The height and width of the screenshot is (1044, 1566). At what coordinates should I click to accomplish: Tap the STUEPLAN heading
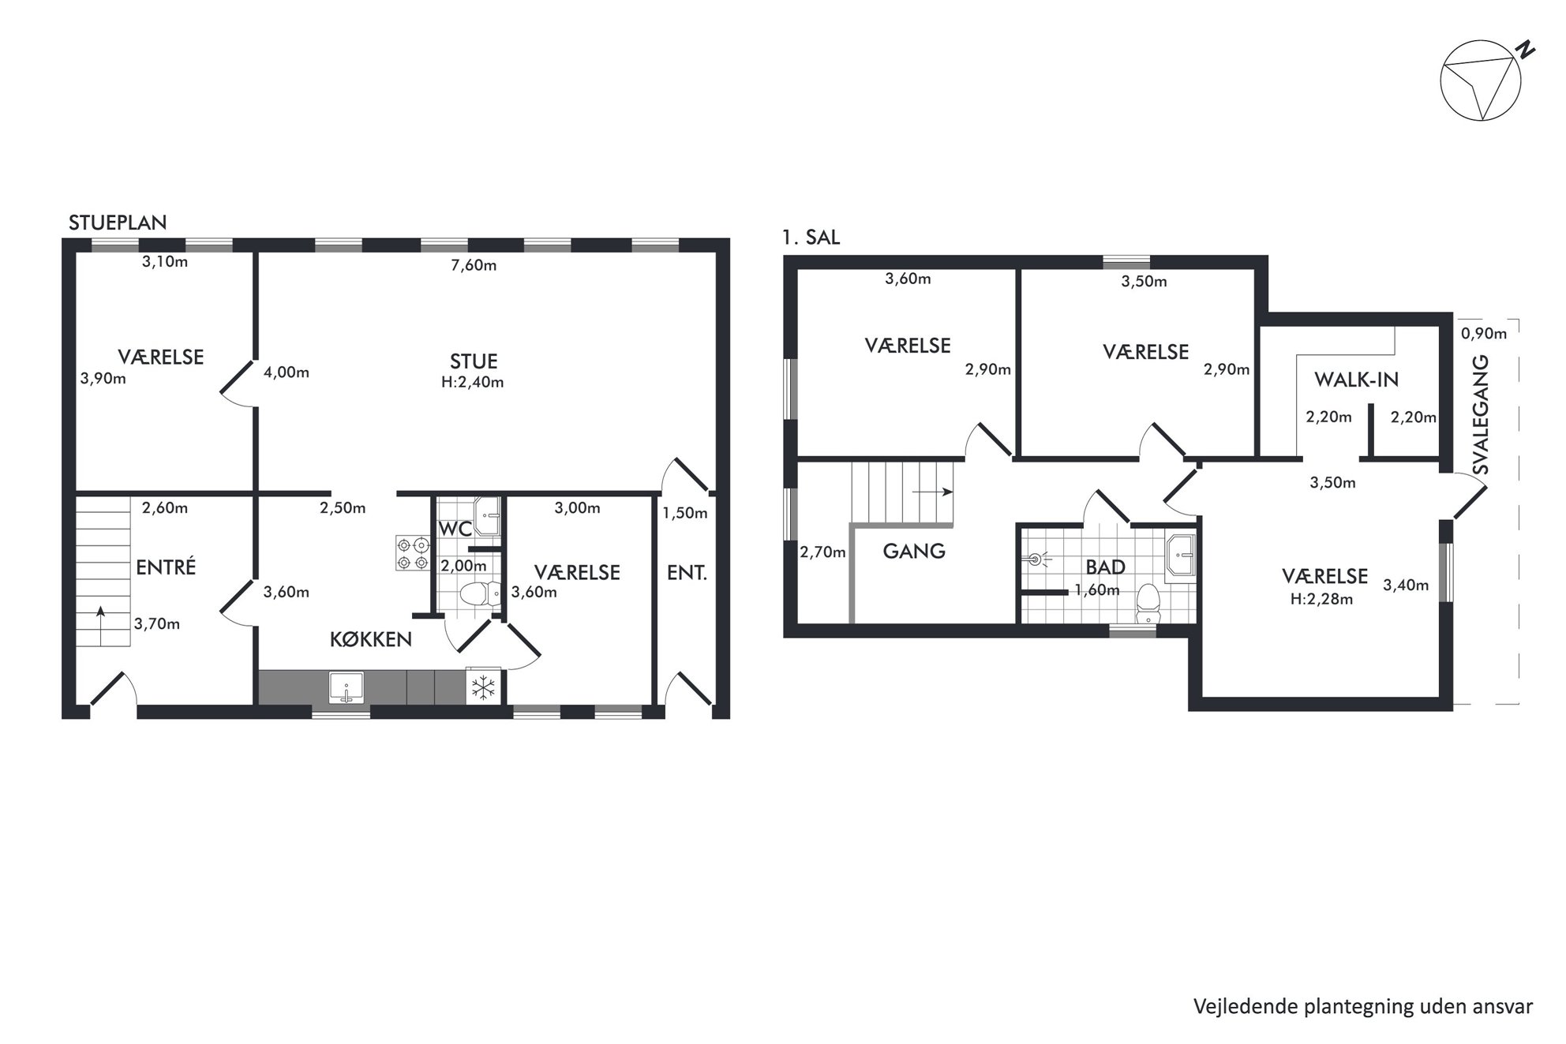(x=118, y=223)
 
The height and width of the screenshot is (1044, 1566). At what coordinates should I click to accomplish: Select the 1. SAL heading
(x=811, y=238)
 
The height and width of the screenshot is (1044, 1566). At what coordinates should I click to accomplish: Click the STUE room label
(x=474, y=361)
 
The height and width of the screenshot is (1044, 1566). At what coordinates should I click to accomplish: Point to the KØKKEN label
(x=371, y=639)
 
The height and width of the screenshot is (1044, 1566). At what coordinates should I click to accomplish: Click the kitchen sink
(x=346, y=687)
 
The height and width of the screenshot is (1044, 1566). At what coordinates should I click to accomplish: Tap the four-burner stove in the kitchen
(x=413, y=553)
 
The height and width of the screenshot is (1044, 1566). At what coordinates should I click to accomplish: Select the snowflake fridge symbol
(x=483, y=687)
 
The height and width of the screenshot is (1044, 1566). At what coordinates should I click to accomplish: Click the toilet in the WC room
(x=480, y=593)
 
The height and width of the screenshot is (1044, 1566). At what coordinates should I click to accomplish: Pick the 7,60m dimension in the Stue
(x=474, y=265)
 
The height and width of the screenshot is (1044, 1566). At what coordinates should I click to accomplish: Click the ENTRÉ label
(x=166, y=567)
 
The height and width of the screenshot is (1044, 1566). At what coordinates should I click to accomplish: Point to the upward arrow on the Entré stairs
(x=100, y=619)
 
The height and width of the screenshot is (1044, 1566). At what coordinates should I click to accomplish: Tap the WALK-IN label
(x=1356, y=380)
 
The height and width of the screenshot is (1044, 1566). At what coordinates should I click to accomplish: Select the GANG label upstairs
(x=914, y=551)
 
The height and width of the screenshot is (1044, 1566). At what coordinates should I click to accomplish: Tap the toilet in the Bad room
(x=1148, y=604)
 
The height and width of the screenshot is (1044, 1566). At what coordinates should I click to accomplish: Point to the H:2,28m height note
(x=1321, y=599)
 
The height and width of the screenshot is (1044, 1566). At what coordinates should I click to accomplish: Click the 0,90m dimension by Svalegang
(x=1484, y=334)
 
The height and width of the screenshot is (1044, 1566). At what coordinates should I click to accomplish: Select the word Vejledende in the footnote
(x=1237, y=1007)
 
